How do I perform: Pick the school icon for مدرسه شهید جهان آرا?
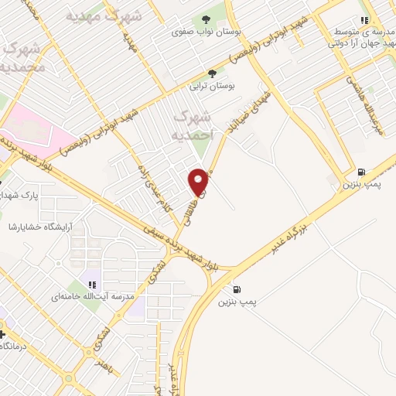pyautogui.click(x=364, y=21)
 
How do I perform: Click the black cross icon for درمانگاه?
pyautogui.click(x=3, y=335)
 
